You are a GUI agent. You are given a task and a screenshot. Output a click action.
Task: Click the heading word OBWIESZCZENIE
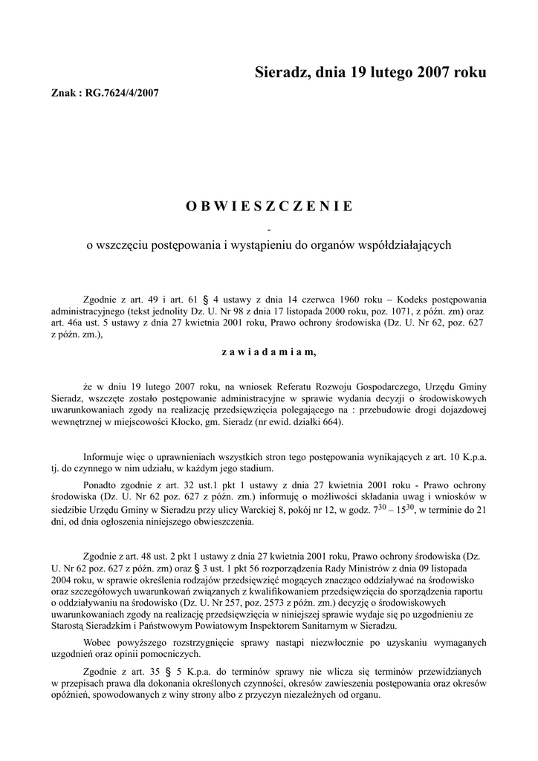pyautogui.click(x=269, y=206)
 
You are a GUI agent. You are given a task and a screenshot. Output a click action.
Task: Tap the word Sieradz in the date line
pyautogui.click(x=282, y=73)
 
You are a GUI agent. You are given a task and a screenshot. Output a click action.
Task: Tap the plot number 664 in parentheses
pyautogui.click(x=371, y=420)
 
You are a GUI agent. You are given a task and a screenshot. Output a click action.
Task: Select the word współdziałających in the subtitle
pyautogui.click(x=402, y=245)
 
